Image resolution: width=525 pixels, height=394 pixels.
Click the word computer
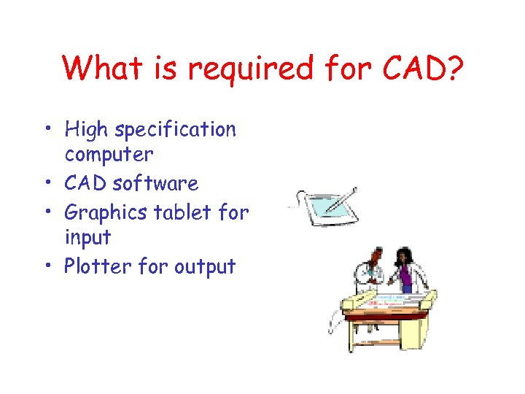pos(109,155)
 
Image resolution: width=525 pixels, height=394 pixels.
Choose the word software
pos(155,183)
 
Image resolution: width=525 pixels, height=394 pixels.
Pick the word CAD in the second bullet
pos(86,183)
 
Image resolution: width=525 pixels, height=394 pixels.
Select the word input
pos(87,238)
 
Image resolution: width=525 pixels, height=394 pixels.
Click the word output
pos(205,267)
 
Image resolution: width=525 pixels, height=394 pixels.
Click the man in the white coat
pos(370,274)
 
